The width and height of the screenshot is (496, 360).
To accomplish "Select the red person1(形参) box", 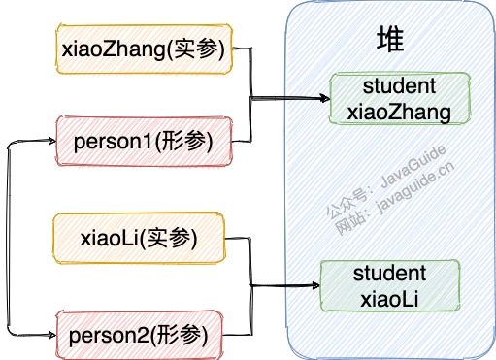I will click(144, 142).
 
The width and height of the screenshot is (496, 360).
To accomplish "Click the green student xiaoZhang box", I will click(399, 99).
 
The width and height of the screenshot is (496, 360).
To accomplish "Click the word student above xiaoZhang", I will click(399, 86).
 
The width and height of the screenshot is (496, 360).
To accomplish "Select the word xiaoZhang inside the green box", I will click(399, 112).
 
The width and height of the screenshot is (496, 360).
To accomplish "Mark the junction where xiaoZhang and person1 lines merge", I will click(252, 97).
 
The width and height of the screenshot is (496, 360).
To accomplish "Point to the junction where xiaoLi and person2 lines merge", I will click(251, 284).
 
